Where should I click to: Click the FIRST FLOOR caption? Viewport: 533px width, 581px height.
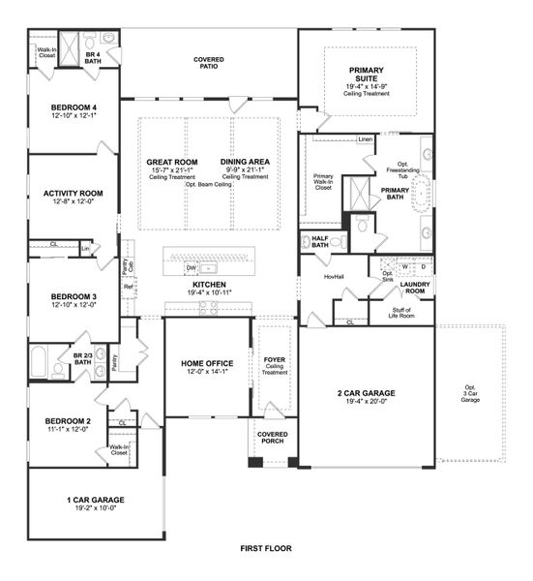click(x=266, y=547)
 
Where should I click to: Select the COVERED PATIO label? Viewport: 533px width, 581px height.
click(x=209, y=64)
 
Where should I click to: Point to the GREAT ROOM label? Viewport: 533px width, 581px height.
click(x=172, y=162)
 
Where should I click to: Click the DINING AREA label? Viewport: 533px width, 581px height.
click(x=245, y=162)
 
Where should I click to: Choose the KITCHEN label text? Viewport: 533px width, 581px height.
click(x=209, y=285)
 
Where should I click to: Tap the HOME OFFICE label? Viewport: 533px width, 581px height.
click(x=206, y=364)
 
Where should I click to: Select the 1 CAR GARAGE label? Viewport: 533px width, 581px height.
click(x=95, y=500)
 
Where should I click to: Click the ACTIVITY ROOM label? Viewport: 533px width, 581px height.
click(x=73, y=194)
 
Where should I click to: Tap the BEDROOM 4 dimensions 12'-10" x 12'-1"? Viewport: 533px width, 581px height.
click(x=73, y=115)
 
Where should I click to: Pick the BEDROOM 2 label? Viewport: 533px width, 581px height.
click(x=67, y=421)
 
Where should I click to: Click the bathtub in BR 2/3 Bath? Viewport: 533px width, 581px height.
click(x=42, y=364)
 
